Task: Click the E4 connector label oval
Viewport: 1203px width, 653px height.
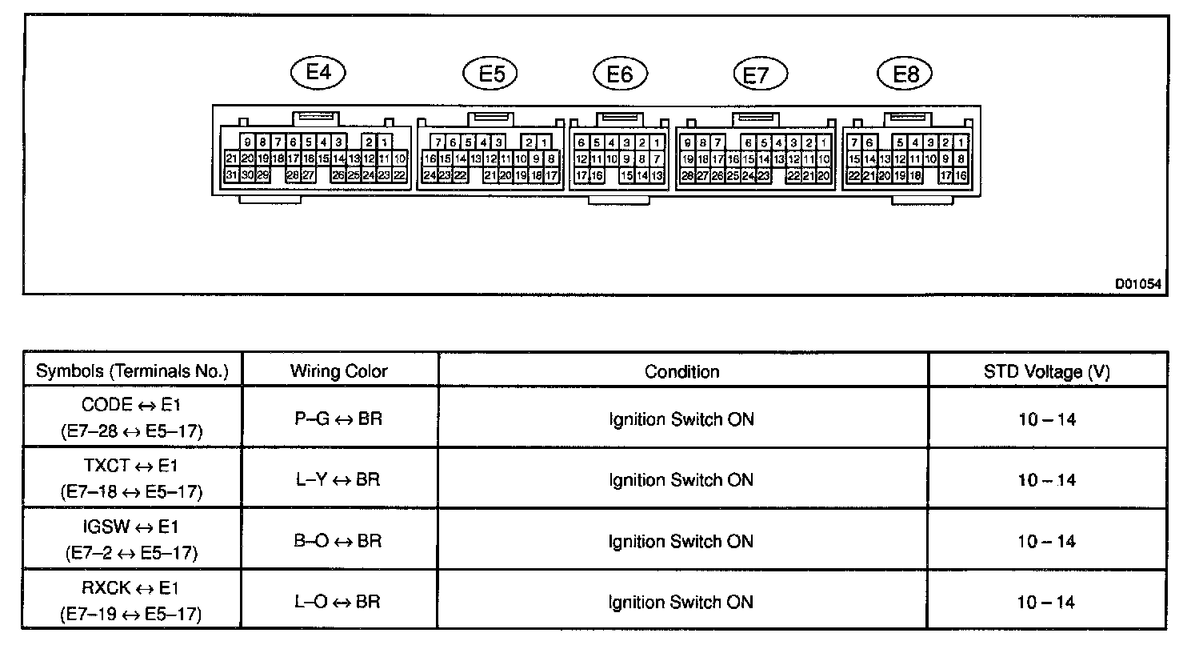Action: point(318,73)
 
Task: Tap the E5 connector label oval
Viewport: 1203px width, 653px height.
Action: point(490,74)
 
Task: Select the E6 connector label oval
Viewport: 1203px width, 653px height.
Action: point(620,74)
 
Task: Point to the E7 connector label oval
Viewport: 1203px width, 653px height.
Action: point(760,75)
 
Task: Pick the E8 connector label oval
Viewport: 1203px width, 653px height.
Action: point(905,74)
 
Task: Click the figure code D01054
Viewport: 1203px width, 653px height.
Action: point(1139,283)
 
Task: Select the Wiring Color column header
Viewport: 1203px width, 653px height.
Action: point(339,371)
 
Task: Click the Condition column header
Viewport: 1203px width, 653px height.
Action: point(682,371)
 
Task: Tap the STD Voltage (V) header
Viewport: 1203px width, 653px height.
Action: point(1046,371)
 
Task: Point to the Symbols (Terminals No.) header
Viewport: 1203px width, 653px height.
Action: point(133,371)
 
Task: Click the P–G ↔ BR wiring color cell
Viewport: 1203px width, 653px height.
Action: point(338,419)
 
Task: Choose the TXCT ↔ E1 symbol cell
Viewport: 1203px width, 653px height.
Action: point(131,479)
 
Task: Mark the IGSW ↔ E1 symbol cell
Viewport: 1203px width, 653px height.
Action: point(131,539)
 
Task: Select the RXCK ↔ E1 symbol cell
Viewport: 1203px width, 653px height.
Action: point(131,601)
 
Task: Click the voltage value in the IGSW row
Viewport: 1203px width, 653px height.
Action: point(1046,542)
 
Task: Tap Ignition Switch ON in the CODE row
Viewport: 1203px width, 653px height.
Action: point(681,419)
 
